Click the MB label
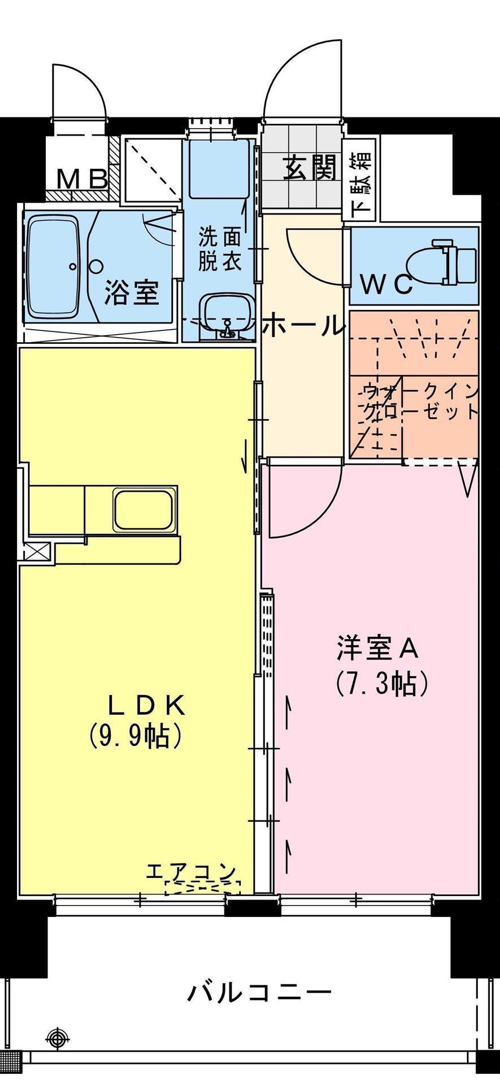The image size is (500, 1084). click(x=83, y=180)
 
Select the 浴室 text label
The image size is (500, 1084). click(x=131, y=292)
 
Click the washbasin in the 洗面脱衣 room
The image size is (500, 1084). click(x=225, y=317)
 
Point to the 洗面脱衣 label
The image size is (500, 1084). click(x=220, y=249)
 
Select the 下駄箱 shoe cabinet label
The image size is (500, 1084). click(x=362, y=186)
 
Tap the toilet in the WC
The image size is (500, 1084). click(x=454, y=262)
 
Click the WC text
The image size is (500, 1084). click(x=387, y=286)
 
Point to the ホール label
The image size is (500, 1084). click(x=303, y=326)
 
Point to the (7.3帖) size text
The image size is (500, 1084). click(x=381, y=684)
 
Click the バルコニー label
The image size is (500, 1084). click(x=259, y=992)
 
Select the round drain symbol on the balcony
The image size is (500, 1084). click(x=57, y=1037)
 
